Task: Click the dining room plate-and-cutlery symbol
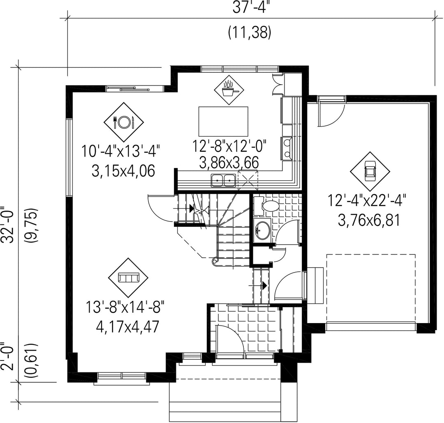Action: pos(124,122)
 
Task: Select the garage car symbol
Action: pos(370,172)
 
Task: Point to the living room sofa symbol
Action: pos(129,277)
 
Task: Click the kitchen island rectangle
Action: pos(223,121)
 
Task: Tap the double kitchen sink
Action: pos(223,180)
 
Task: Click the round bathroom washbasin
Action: pos(262,230)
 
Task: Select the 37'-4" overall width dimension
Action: pos(250,8)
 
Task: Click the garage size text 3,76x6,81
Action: pos(369,220)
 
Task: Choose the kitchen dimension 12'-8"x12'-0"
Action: pos(230,146)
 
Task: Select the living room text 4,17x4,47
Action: pos(127,327)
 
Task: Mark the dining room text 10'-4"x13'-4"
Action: pos(121,150)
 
